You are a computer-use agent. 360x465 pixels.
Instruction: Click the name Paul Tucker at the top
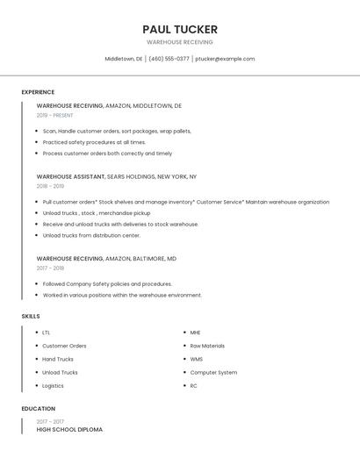click(180, 29)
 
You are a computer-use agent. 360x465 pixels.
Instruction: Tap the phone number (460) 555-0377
click(169, 59)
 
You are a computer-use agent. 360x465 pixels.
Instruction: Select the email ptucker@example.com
click(225, 59)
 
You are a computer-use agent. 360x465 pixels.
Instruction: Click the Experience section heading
click(38, 92)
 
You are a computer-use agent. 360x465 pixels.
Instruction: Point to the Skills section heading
click(31, 316)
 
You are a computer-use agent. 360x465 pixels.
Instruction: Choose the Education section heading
click(39, 409)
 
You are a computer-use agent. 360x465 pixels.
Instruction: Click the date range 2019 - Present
click(55, 115)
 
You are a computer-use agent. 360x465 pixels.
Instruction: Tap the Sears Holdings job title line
click(117, 176)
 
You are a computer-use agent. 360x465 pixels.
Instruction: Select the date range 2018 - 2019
click(50, 186)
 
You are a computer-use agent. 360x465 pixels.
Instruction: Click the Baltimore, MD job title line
click(106, 259)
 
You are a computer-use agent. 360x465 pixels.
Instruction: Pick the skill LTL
click(47, 333)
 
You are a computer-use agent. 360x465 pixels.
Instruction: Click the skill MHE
click(195, 333)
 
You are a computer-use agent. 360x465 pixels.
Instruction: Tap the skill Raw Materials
click(207, 346)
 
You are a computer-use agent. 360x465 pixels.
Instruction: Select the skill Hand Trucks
click(58, 359)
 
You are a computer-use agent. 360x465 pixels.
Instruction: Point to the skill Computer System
click(213, 372)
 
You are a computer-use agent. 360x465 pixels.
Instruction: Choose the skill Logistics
click(53, 385)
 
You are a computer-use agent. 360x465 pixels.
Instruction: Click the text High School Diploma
click(69, 429)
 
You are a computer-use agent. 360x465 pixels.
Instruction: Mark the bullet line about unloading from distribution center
click(91, 235)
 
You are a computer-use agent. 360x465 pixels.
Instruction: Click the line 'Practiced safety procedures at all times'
click(94, 142)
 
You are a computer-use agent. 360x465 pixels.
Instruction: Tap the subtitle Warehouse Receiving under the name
click(180, 42)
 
